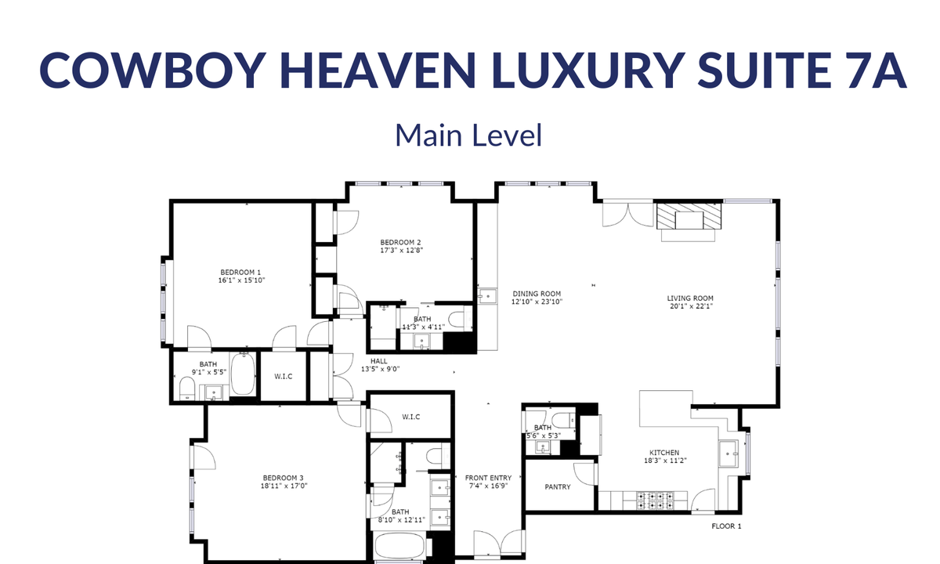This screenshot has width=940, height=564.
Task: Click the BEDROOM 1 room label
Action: pyautogui.click(x=240, y=273)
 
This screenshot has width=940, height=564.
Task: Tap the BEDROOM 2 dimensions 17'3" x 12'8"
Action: pyautogui.click(x=402, y=251)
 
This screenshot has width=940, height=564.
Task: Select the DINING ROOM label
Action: pyautogui.click(x=537, y=294)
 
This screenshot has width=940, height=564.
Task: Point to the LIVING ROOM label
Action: pyautogui.click(x=690, y=298)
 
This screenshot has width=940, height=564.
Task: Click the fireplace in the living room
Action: pyautogui.click(x=689, y=216)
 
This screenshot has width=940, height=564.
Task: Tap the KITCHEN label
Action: pyautogui.click(x=664, y=453)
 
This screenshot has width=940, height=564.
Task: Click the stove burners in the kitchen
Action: pyautogui.click(x=656, y=501)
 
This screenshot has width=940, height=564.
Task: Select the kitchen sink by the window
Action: pyautogui.click(x=728, y=454)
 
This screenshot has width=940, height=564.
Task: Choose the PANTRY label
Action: pyautogui.click(x=558, y=486)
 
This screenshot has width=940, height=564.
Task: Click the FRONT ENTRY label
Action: pyautogui.click(x=489, y=478)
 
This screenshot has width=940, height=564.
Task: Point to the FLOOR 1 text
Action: pyautogui.click(x=726, y=526)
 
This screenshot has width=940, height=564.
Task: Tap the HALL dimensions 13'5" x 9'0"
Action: pyautogui.click(x=380, y=369)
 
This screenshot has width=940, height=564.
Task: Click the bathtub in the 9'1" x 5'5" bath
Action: pyautogui.click(x=243, y=374)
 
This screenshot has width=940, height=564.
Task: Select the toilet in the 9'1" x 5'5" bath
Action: pyautogui.click(x=186, y=389)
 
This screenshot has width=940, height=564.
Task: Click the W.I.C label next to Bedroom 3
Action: pyautogui.click(x=410, y=417)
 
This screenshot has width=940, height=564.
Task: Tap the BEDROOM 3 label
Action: pyautogui.click(x=284, y=478)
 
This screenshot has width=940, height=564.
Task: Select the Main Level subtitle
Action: pyautogui.click(x=468, y=136)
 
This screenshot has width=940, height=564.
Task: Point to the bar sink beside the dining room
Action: pyautogui.click(x=487, y=296)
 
